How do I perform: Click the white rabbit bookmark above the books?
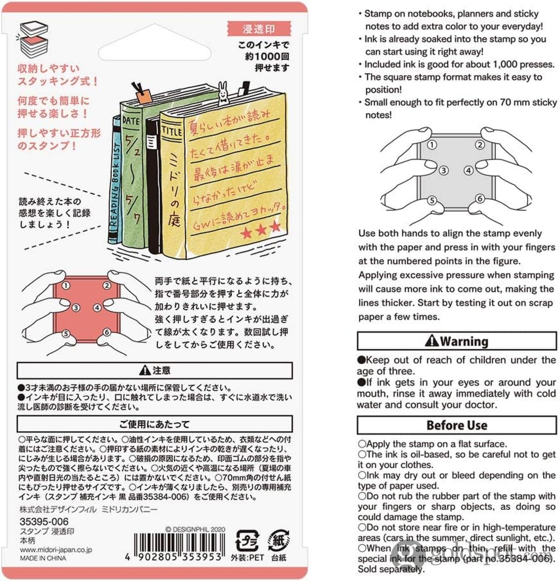(x=223, y=93)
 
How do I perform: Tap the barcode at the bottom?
(x=179, y=546)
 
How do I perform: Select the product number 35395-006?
(x=44, y=522)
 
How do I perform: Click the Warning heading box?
(x=457, y=341)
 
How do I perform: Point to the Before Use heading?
(x=457, y=425)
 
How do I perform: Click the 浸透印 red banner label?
(x=258, y=29)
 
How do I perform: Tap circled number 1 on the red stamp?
(x=66, y=286)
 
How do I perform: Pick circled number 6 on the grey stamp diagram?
(x=480, y=199)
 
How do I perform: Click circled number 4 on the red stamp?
(x=97, y=308)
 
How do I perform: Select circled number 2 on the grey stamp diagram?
(x=480, y=145)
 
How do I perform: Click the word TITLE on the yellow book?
(x=172, y=131)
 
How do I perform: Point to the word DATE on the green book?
(x=131, y=121)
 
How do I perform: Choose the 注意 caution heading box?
(x=155, y=370)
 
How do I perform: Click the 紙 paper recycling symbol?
(x=278, y=540)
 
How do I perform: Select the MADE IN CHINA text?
(x=43, y=558)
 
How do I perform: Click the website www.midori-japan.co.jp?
(x=56, y=550)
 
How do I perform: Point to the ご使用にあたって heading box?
(x=155, y=424)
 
